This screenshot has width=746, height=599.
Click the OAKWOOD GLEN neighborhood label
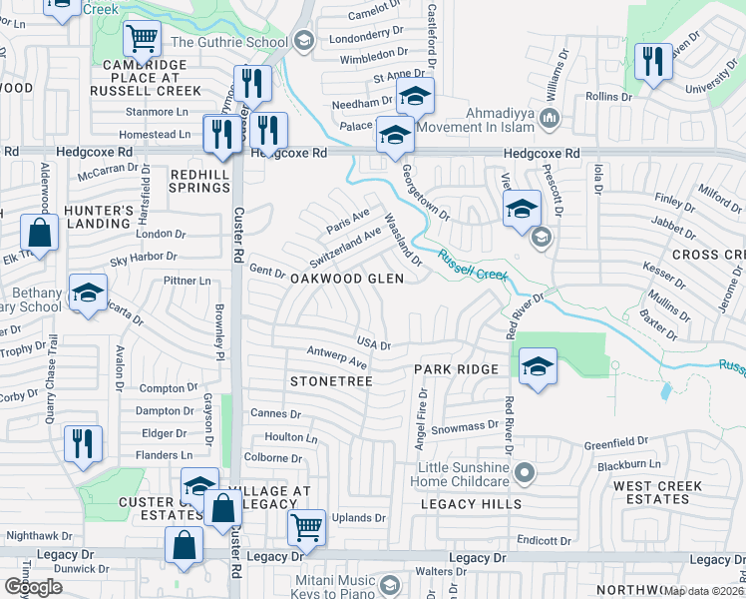[346, 280]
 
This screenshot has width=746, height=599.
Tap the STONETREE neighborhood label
[330, 381]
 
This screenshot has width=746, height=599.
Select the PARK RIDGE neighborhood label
[456, 369]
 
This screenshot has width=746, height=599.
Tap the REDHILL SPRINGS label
[200, 180]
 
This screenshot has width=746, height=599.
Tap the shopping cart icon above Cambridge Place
[142, 39]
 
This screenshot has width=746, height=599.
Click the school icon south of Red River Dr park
[538, 366]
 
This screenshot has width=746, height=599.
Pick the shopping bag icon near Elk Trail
[39, 233]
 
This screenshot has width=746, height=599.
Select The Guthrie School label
[229, 42]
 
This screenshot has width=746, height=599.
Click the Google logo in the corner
[33, 587]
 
